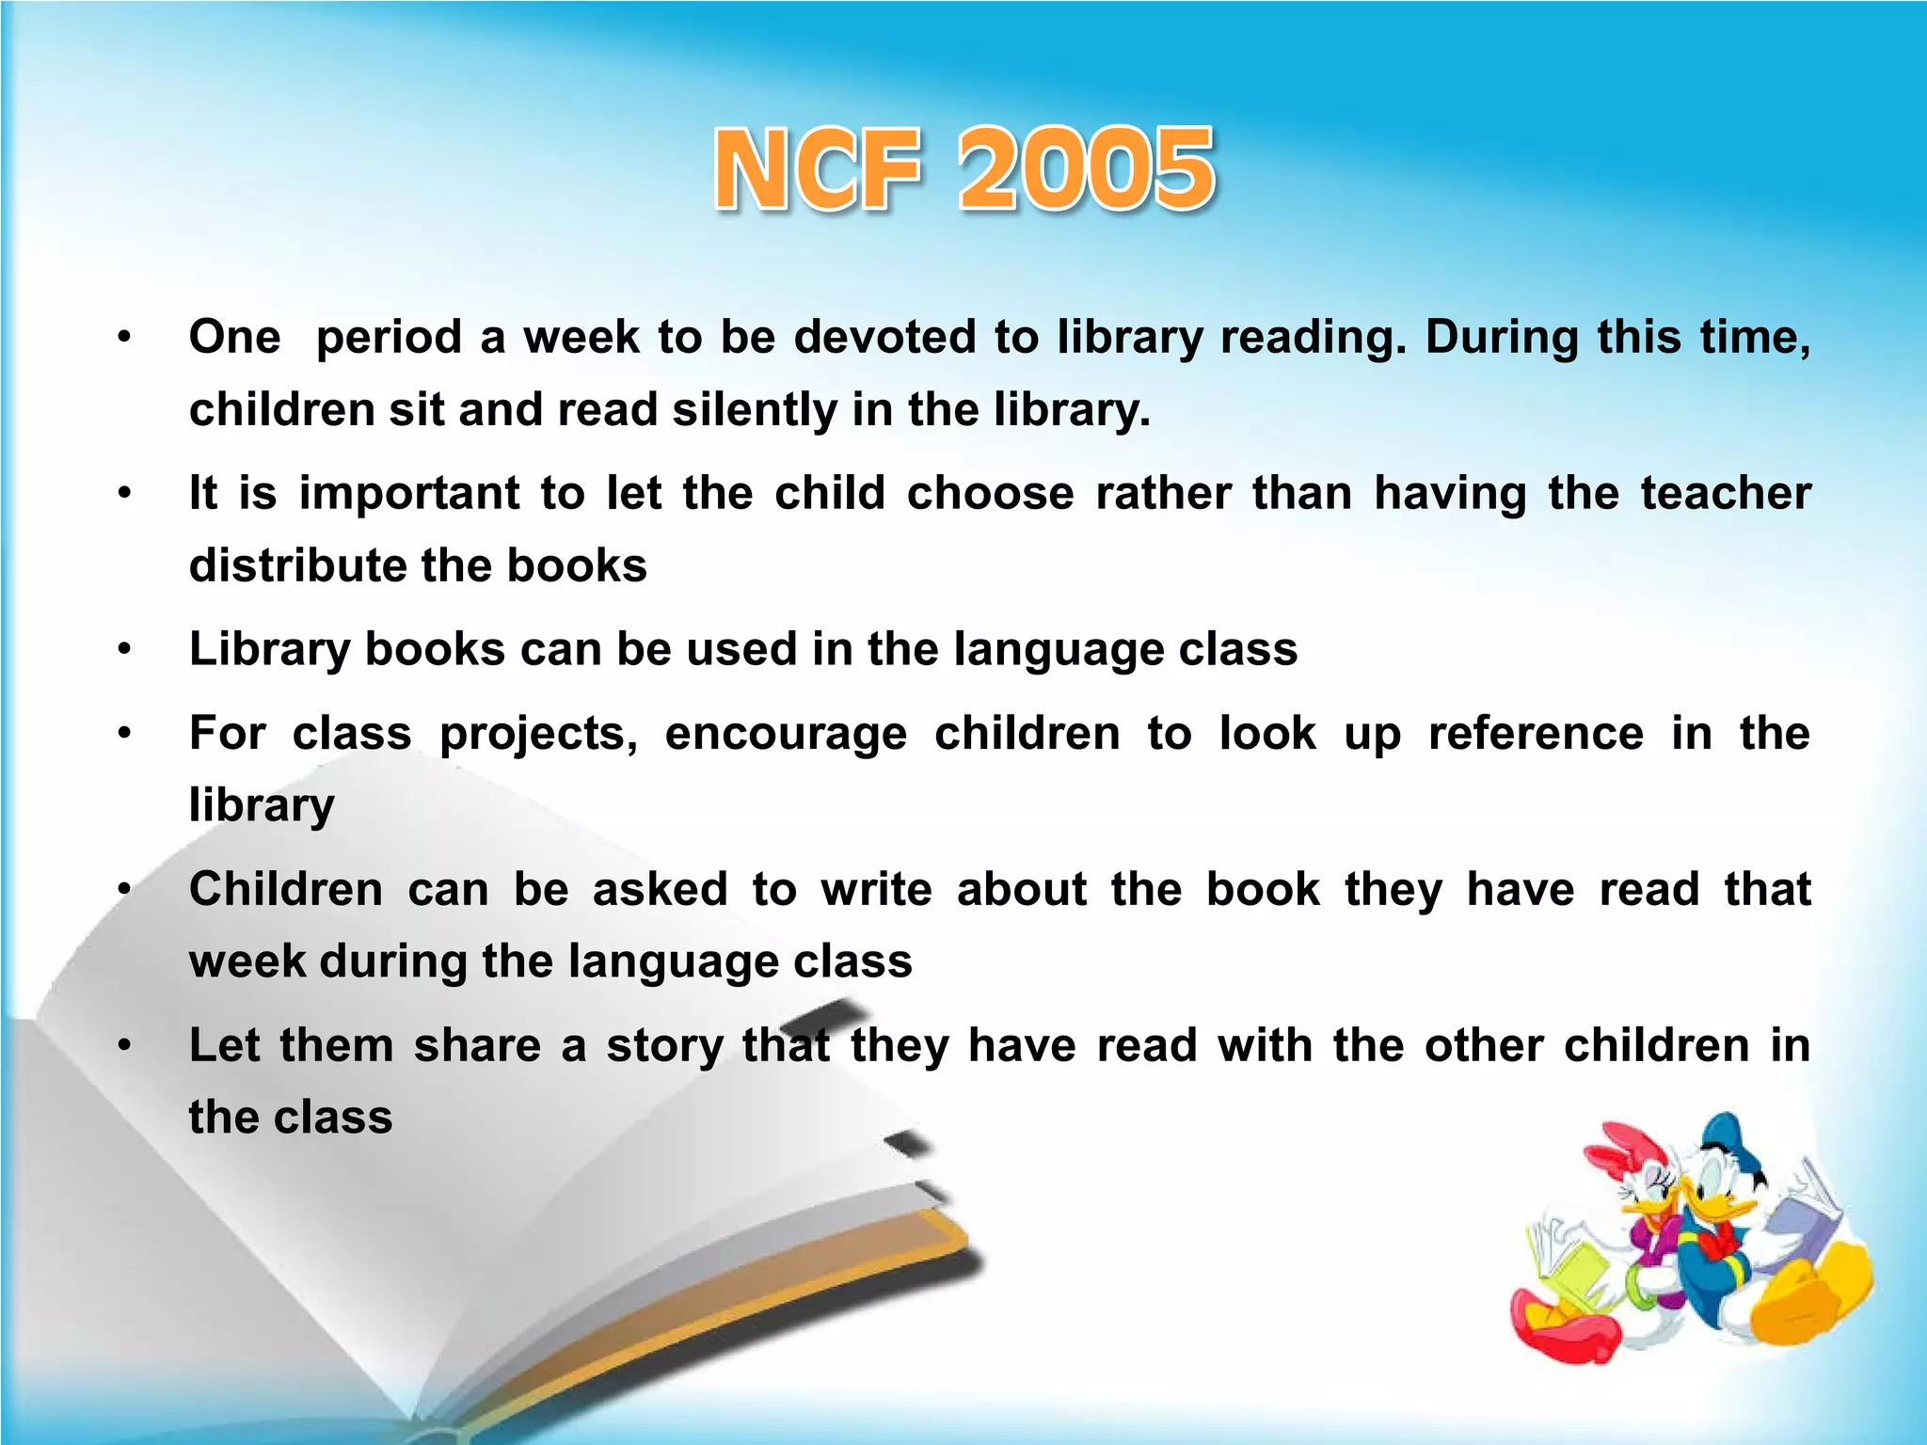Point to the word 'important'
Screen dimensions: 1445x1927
(x=408, y=494)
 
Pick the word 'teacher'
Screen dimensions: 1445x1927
(x=1726, y=493)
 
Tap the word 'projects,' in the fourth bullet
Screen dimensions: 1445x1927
(x=538, y=735)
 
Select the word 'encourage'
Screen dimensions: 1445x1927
(x=786, y=735)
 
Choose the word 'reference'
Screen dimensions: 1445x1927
(x=1536, y=733)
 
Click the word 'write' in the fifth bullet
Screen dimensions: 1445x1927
(x=876, y=889)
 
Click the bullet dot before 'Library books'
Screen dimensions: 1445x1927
(x=124, y=649)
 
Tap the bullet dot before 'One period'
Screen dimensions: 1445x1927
(x=124, y=337)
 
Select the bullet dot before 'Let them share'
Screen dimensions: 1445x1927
(x=124, y=1045)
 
